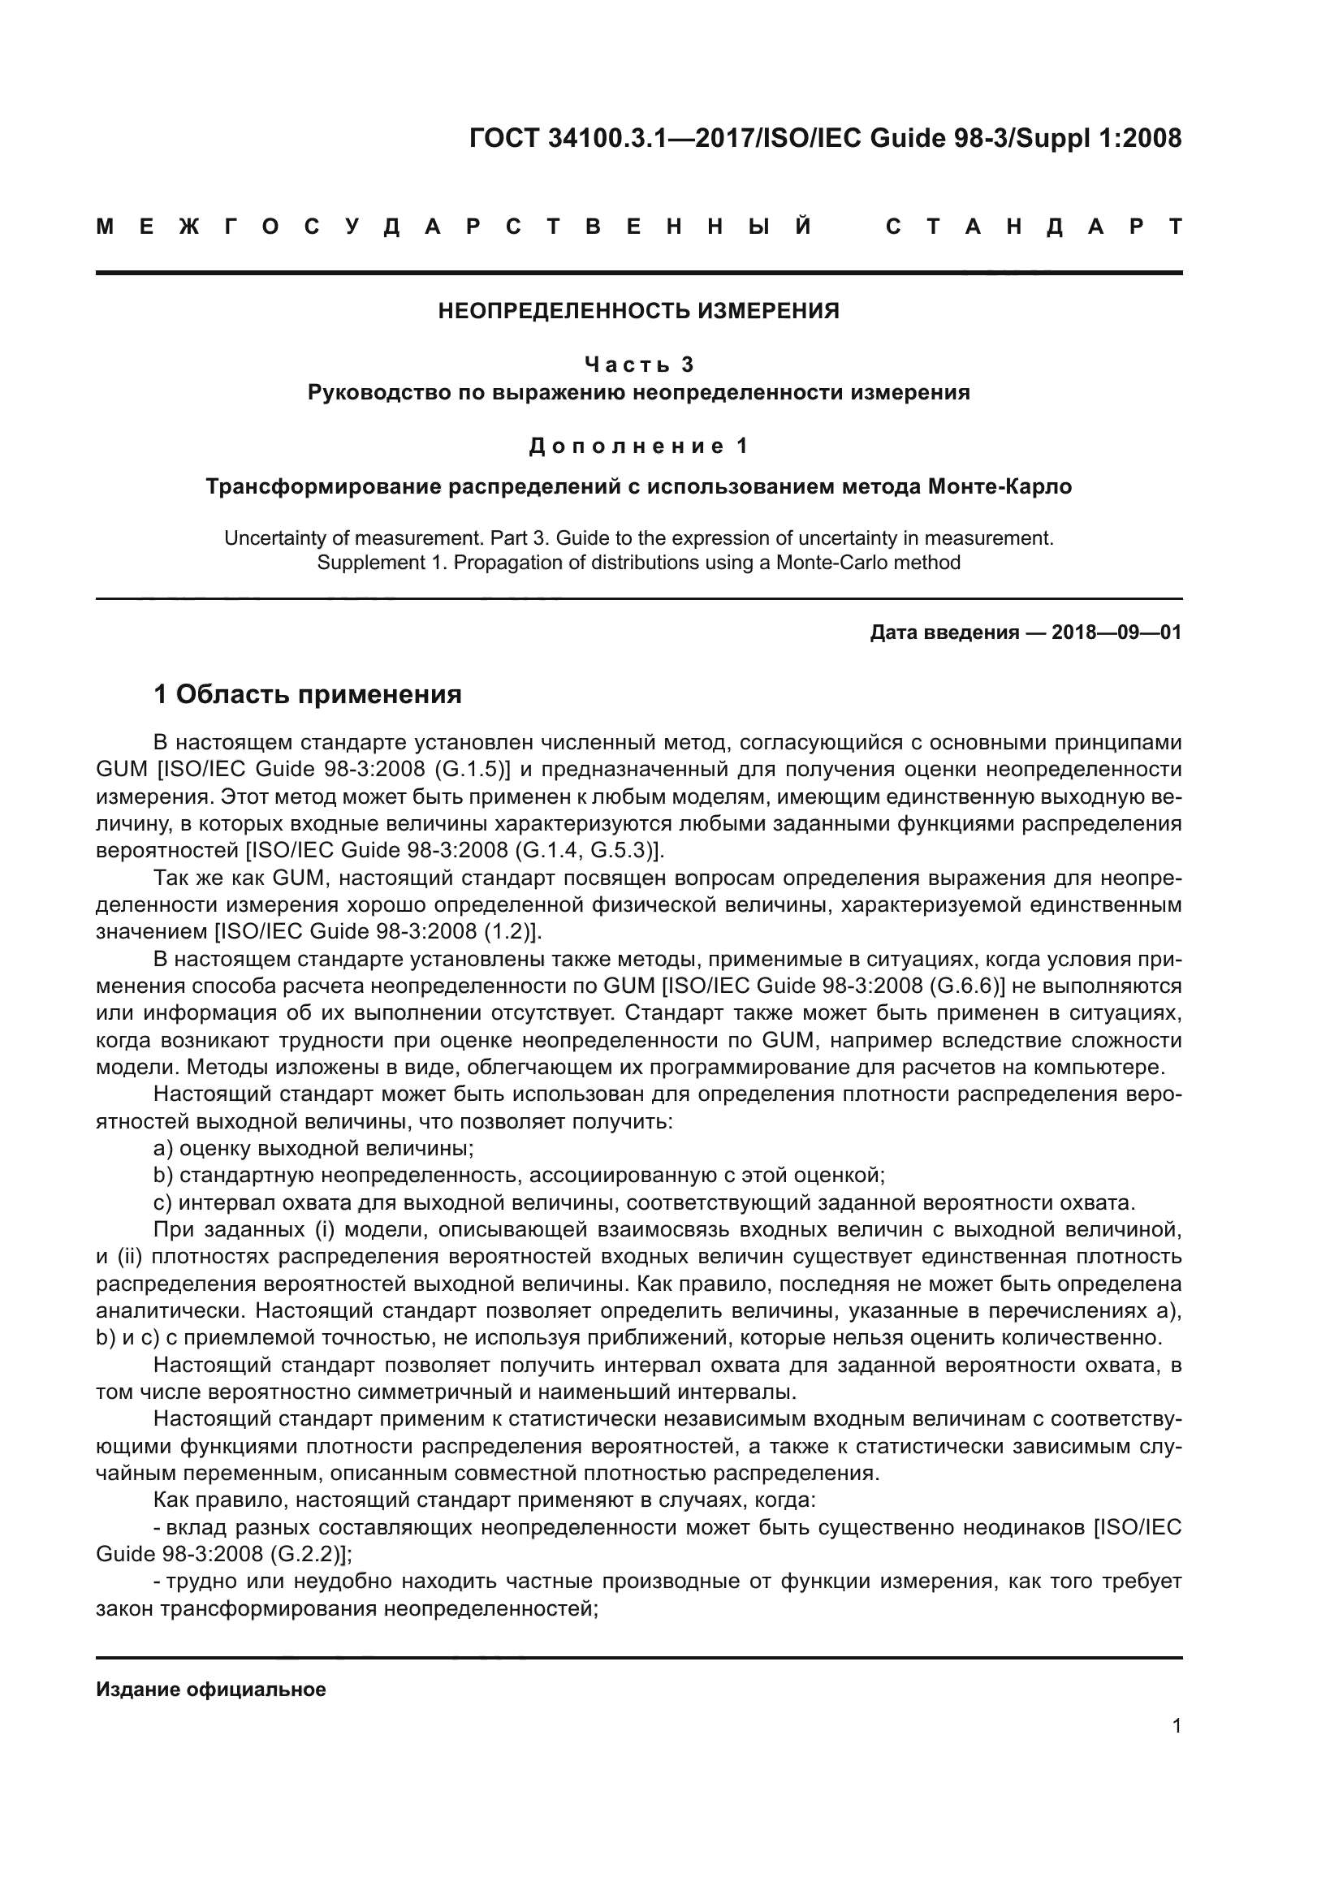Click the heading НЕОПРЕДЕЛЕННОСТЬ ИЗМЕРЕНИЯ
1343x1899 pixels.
[638, 311]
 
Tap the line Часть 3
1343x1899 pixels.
[638, 364]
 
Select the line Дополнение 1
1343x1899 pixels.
[638, 446]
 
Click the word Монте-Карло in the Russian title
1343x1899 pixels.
[1000, 486]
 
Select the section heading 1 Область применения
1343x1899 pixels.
[308, 694]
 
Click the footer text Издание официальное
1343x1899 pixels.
[211, 1689]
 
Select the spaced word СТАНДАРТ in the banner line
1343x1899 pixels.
[1034, 227]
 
